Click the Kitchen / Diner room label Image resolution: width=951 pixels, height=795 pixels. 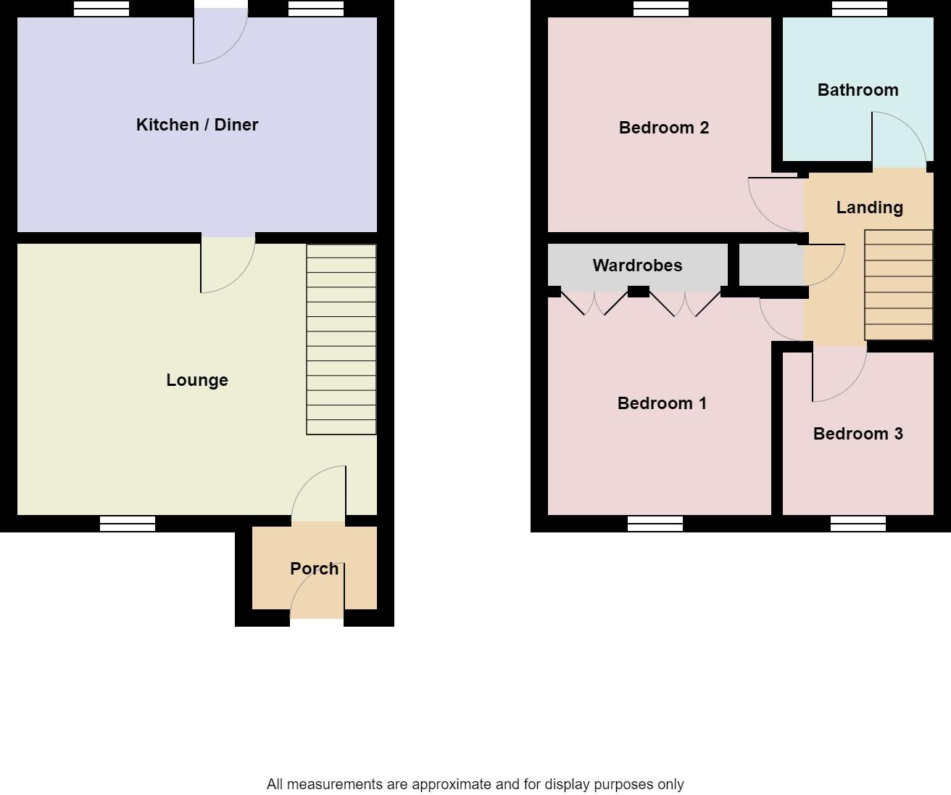(197, 125)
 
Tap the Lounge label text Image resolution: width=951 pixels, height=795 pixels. (197, 380)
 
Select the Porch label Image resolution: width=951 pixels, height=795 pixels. (314, 569)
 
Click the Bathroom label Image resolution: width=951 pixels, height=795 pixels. (857, 90)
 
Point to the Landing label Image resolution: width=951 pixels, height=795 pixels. (869, 207)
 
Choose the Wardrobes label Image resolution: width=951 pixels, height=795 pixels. (637, 265)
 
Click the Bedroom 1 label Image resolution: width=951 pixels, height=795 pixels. (662, 403)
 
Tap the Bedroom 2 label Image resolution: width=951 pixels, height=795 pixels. (663, 128)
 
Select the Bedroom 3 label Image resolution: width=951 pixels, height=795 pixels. (857, 434)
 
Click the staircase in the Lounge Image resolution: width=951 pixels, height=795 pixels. (341, 339)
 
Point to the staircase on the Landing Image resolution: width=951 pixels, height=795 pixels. (898, 285)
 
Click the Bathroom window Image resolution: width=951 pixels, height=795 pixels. (859, 9)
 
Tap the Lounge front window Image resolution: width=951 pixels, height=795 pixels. (128, 524)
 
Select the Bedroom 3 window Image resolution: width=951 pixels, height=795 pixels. (858, 524)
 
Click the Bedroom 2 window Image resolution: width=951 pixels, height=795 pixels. (660, 9)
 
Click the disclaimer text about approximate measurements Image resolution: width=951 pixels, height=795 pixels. (475, 784)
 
